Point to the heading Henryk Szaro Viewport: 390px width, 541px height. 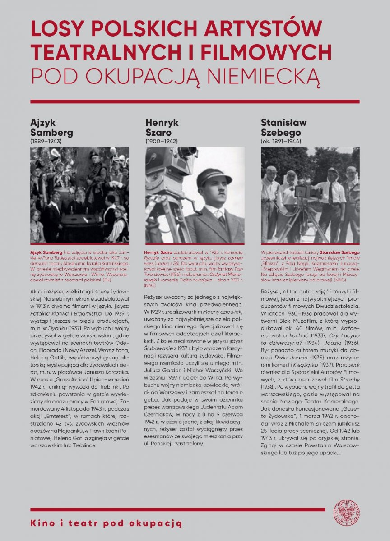point(162,128)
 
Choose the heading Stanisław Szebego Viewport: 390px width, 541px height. point(284,128)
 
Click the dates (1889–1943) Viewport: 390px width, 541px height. point(46,141)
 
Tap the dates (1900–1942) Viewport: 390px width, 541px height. point(161,141)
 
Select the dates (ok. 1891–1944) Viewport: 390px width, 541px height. point(281,141)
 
